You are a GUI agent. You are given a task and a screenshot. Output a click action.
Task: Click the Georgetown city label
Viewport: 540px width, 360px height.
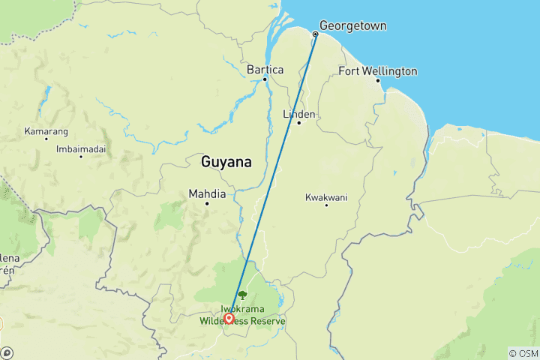pos(353,25)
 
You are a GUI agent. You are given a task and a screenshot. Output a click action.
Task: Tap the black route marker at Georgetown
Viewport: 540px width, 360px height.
pos(315,34)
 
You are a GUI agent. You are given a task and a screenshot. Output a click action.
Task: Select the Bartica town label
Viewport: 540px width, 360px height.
pos(265,70)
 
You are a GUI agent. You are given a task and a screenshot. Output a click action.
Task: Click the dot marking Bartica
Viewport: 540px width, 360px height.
pos(266,79)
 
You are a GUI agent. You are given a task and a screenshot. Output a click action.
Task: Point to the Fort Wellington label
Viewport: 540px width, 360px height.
pos(378,71)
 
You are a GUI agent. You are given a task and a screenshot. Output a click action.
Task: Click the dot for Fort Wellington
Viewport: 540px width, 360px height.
pos(377,80)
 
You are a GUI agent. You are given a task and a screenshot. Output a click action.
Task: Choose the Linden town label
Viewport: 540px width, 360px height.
pos(298,114)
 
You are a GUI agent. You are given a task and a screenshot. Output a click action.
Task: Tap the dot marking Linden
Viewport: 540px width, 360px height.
pos(298,123)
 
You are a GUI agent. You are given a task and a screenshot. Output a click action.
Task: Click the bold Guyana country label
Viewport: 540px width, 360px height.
pos(226,162)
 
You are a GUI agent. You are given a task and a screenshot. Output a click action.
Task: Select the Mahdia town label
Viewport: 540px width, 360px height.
pos(206,193)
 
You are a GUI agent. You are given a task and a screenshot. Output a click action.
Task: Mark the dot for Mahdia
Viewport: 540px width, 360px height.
pos(206,203)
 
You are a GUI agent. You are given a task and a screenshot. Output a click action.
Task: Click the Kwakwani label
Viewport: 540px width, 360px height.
pos(326,197)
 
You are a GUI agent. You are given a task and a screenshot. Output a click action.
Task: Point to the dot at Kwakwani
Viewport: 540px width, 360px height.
pos(326,205)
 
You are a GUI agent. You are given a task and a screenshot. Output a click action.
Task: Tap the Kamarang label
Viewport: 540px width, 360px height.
pos(46,130)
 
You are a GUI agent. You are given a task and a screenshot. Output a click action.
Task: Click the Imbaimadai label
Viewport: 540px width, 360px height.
pos(81,148)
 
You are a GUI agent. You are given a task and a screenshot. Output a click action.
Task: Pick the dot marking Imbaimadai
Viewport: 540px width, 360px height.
pos(80,157)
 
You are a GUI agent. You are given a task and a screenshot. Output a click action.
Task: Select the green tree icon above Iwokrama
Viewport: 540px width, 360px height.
pos(241,295)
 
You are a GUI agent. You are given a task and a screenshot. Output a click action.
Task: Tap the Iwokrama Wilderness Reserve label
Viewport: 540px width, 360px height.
pos(242,315)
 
